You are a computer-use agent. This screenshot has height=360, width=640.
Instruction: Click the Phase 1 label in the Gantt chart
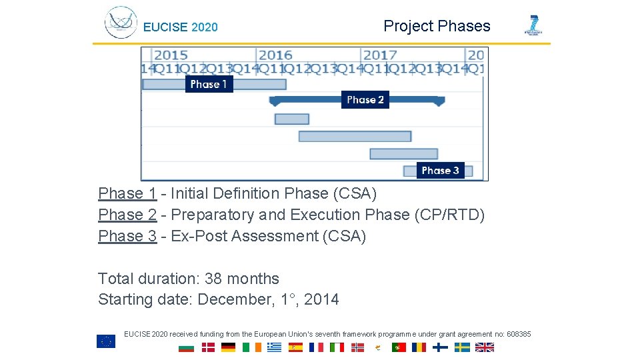point(209,84)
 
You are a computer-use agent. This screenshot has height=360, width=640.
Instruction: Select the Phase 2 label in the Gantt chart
point(365,100)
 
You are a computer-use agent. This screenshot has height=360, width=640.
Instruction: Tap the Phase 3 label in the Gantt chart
point(440,171)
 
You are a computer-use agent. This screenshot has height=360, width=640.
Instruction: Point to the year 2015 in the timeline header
point(171,55)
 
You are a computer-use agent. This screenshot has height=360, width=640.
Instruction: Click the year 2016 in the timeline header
point(275,55)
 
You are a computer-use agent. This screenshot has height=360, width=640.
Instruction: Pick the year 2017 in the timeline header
point(380,55)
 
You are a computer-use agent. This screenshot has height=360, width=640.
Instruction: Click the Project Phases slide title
point(437,26)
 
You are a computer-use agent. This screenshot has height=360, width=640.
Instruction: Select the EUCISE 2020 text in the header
point(181,27)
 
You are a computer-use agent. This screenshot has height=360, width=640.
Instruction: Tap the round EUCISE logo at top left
point(121,23)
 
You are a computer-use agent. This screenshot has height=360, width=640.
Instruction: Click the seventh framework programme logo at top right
point(533,25)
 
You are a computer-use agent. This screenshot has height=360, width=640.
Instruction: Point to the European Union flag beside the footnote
point(106,341)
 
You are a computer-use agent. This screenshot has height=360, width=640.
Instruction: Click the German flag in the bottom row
point(229,347)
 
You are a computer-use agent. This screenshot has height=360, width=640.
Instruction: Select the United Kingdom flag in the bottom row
point(485,347)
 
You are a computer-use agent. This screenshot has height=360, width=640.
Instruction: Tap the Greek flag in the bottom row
point(274,347)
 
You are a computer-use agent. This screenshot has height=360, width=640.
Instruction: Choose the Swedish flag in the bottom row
point(462,347)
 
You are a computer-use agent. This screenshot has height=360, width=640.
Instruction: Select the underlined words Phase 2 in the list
point(127,215)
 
